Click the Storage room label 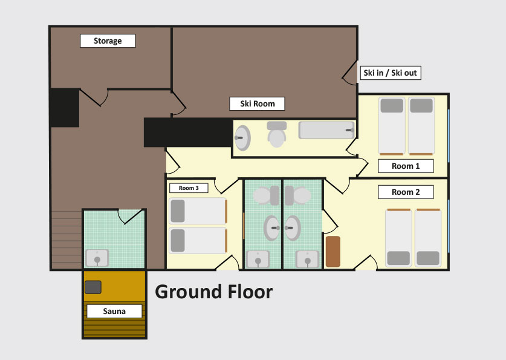[x=108, y=41]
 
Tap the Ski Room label [x=257, y=103]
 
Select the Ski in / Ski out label [x=390, y=73]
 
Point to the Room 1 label [x=406, y=166]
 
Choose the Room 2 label [x=406, y=192]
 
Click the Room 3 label [x=189, y=188]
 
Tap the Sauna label [x=114, y=311]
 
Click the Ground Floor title [x=213, y=292]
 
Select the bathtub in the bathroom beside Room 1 [x=326, y=130]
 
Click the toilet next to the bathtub [x=276, y=134]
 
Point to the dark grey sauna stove [x=93, y=287]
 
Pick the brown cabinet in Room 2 [x=333, y=252]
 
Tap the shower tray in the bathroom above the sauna [x=97, y=258]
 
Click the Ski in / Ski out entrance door [x=350, y=73]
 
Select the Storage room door [x=94, y=97]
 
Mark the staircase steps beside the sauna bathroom [x=66, y=240]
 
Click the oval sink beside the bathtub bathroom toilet [x=242, y=138]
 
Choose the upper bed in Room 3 [x=198, y=211]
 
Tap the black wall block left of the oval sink [x=189, y=133]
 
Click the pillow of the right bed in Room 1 [x=421, y=105]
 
